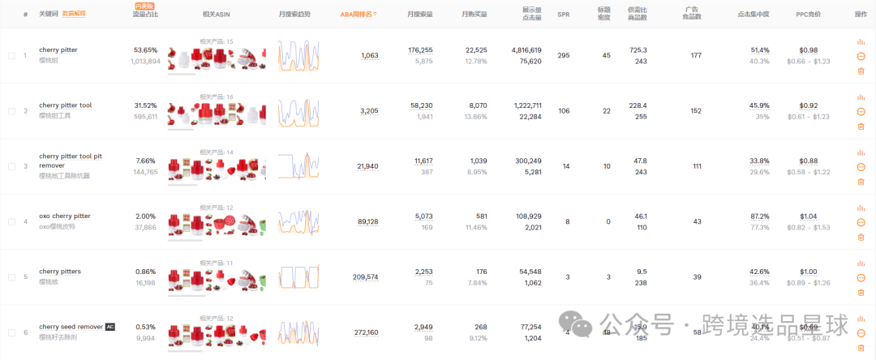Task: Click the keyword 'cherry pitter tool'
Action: click(x=65, y=105)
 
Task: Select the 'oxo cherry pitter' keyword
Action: click(x=65, y=216)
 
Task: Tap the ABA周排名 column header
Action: click(x=358, y=14)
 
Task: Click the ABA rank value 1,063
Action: click(x=369, y=55)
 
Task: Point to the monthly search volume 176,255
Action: click(x=420, y=50)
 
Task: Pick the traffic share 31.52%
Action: click(x=145, y=105)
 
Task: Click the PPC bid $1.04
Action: click(x=809, y=216)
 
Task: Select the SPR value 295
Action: click(x=564, y=55)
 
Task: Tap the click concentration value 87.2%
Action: click(x=759, y=216)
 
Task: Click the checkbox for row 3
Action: click(x=11, y=166)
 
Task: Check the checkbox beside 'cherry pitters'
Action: click(x=11, y=277)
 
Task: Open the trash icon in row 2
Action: click(x=861, y=126)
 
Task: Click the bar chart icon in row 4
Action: click(x=861, y=208)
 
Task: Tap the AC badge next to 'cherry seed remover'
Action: click(x=110, y=327)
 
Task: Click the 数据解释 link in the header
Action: click(x=74, y=14)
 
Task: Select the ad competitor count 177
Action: click(x=696, y=55)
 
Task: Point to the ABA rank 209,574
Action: click(x=366, y=276)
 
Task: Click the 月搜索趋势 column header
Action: click(x=294, y=14)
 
